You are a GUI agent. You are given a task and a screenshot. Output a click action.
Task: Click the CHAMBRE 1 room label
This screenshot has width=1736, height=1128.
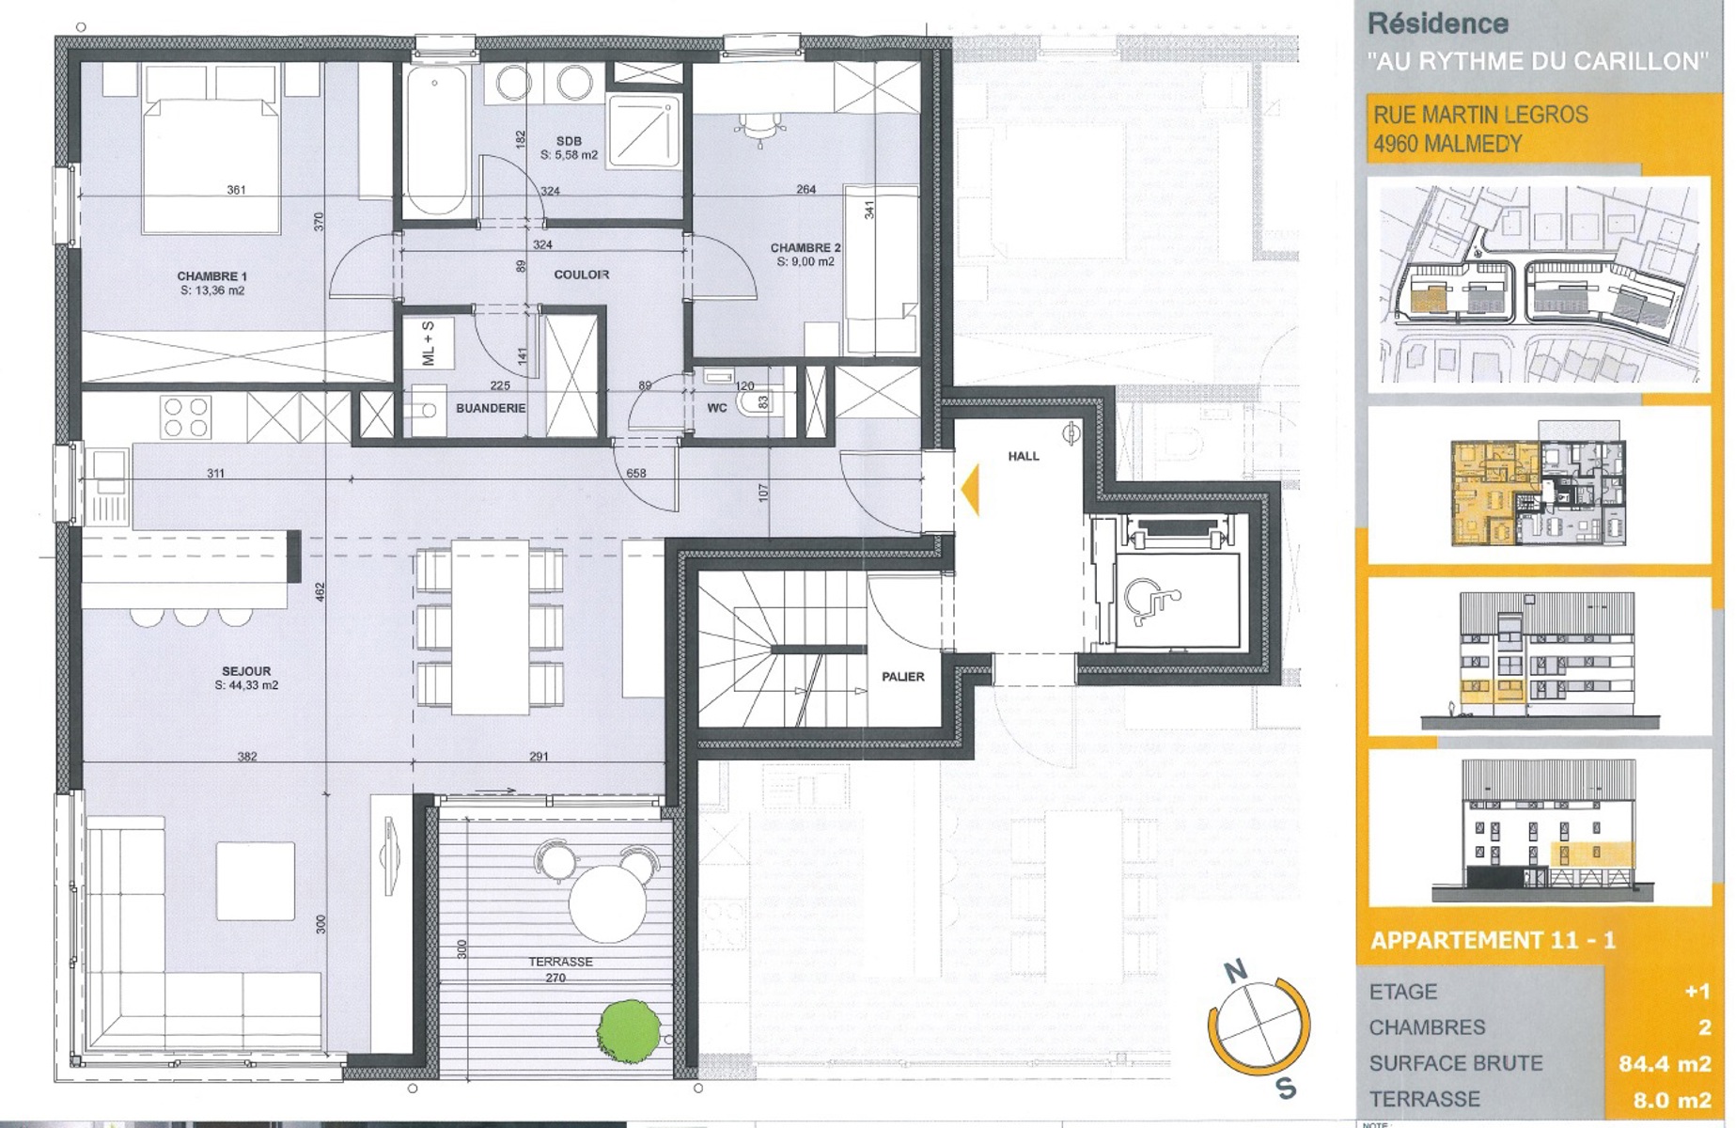[211, 276]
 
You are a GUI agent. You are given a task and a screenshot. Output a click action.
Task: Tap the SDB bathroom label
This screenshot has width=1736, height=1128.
[569, 141]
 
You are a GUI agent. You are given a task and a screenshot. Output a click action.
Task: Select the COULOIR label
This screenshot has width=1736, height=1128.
[581, 274]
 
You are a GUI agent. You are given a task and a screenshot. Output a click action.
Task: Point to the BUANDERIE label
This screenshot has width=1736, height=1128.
[491, 408]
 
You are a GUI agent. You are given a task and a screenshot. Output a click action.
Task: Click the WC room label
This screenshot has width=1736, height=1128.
[717, 408]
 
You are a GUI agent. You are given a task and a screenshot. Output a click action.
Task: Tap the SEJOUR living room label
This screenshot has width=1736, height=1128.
[246, 671]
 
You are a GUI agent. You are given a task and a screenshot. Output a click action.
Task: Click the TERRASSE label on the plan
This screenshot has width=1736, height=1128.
[560, 962]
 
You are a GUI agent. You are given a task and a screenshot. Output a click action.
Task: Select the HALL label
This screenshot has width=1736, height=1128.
[1024, 456]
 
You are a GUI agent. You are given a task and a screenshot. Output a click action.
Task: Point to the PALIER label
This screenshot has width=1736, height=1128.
[902, 677]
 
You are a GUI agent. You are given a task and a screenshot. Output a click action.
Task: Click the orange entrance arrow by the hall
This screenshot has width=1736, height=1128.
[970, 489]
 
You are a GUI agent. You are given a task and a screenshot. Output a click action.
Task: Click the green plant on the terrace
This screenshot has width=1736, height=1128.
[627, 1032]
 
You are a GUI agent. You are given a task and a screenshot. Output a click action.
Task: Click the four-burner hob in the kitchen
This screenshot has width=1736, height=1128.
[185, 416]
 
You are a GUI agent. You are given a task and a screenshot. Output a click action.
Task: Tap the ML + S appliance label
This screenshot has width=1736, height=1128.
[429, 343]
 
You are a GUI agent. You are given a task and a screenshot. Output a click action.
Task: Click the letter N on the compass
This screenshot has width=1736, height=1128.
[1236, 971]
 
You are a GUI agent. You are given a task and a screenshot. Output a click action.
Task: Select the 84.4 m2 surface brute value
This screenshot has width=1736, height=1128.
[1664, 1063]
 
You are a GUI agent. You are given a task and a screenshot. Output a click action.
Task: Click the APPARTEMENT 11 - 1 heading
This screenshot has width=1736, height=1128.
[1493, 940]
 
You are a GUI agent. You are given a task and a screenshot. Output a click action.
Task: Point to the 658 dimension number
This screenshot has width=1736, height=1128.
[636, 473]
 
